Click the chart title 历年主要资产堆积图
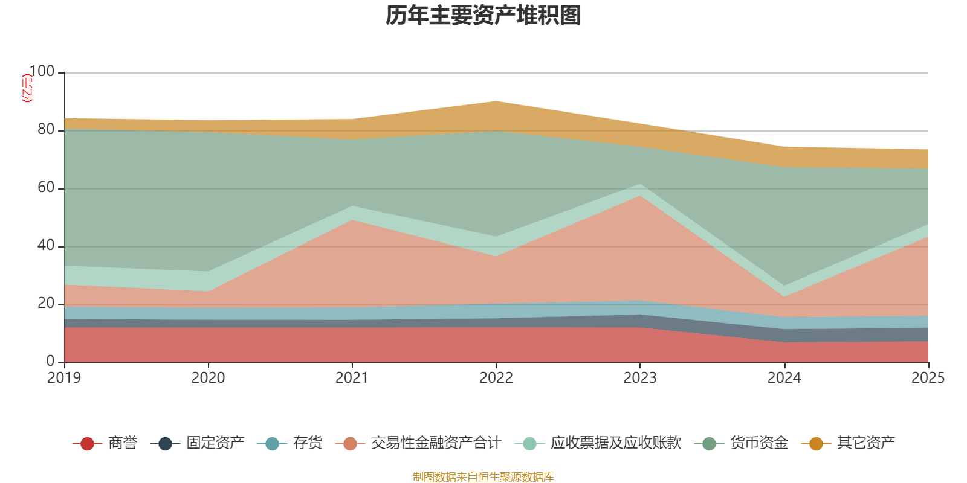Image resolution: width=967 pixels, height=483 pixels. tap(483, 16)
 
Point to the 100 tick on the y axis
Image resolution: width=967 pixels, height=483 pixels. tap(42, 72)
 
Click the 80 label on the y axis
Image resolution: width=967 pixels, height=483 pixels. tap(46, 130)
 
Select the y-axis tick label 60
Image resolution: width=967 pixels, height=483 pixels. tap(46, 188)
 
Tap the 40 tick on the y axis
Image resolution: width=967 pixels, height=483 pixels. tap(46, 246)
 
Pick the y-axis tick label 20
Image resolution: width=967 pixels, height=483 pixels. tap(46, 304)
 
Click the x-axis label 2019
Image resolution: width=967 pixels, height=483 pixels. tap(64, 378)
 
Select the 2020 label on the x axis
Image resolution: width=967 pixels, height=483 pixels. tap(208, 378)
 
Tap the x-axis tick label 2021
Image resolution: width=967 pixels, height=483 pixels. tap(352, 378)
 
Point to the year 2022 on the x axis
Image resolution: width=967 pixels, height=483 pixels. tap(496, 378)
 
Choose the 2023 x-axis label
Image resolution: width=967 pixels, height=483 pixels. tap(640, 378)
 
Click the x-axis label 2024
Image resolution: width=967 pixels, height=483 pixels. tap(784, 378)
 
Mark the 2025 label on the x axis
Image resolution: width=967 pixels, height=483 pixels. tap(928, 378)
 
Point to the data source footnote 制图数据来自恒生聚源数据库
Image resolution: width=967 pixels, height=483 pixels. tap(483, 477)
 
